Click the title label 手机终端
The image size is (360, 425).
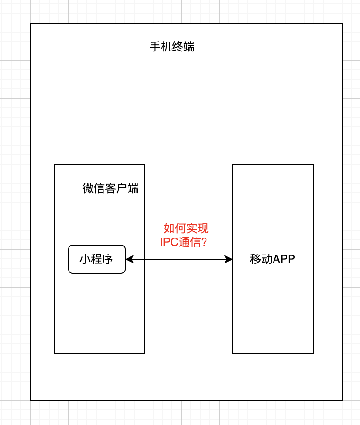(x=172, y=47)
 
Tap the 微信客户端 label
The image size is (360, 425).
(x=111, y=188)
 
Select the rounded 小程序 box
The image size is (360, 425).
(x=97, y=259)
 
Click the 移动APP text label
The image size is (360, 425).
(x=273, y=259)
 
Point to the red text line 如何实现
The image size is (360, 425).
(x=186, y=229)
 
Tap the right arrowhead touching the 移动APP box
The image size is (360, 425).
(x=229, y=259)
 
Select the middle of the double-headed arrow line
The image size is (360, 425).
(x=179, y=259)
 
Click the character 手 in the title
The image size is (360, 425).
(x=155, y=47)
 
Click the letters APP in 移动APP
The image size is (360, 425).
(x=284, y=259)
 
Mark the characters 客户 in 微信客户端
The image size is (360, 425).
(x=116, y=188)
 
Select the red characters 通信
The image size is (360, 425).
(x=190, y=242)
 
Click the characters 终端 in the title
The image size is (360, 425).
(x=183, y=47)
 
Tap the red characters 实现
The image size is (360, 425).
(x=197, y=229)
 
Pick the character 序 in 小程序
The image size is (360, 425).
(x=108, y=259)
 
